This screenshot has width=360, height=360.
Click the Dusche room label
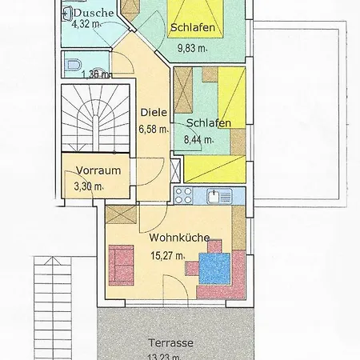[x=94, y=13]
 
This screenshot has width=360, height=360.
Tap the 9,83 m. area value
[x=193, y=48]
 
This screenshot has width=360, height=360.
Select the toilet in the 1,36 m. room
[x=74, y=65]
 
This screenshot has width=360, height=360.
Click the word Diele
[x=154, y=112]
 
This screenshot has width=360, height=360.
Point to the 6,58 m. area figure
[x=154, y=129]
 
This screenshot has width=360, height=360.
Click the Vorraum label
[x=98, y=170]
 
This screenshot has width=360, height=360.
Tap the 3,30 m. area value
[x=89, y=186]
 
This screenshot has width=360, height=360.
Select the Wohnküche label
[x=179, y=238]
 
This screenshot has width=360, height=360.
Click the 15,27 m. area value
[x=168, y=256]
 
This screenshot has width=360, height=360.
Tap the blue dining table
[x=214, y=269]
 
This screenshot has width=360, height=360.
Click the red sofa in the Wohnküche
[x=121, y=265]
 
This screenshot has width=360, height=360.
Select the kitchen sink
[x=219, y=196]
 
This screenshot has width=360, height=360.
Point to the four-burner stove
[x=183, y=195]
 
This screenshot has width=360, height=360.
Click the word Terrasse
[x=170, y=343]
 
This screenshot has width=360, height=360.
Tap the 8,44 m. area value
[x=199, y=139]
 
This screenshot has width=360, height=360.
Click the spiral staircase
[x=95, y=118]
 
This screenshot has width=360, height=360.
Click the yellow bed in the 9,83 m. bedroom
[x=195, y=18]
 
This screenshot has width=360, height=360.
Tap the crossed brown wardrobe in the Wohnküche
[x=121, y=215]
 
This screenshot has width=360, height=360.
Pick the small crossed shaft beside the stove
[x=176, y=171]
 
